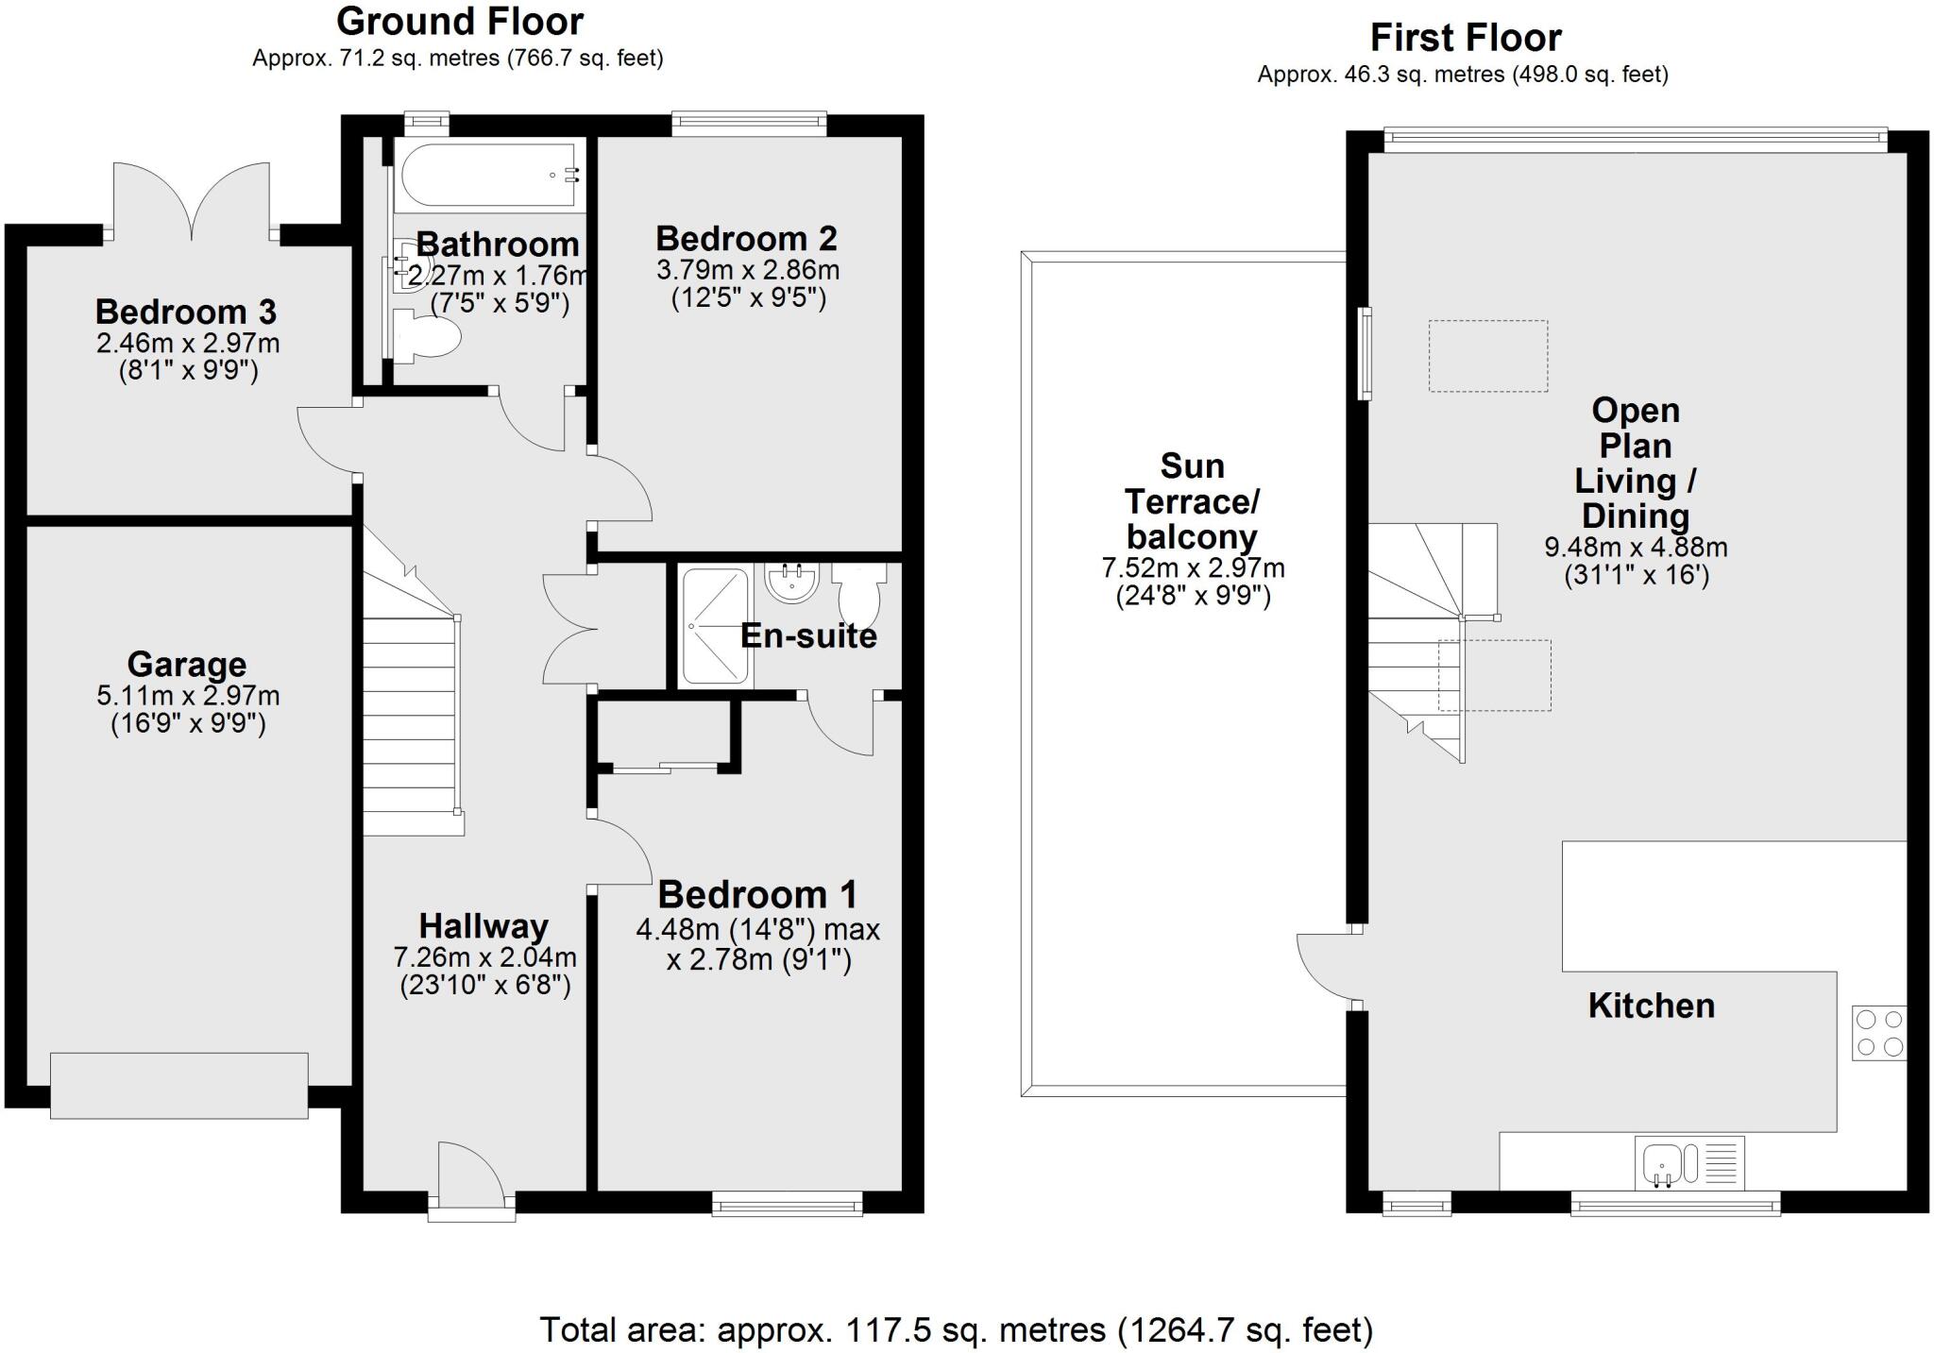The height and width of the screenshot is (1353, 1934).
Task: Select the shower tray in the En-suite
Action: click(x=715, y=625)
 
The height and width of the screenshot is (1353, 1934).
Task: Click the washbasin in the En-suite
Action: click(x=791, y=583)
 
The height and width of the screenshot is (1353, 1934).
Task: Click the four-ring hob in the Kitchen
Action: click(x=1878, y=1033)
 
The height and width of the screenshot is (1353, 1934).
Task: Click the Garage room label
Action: click(x=186, y=664)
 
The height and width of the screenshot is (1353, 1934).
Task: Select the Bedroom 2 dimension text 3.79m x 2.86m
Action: click(x=747, y=270)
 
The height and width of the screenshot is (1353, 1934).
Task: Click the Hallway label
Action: click(x=483, y=925)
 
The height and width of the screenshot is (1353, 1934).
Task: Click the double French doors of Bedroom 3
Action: click(x=192, y=202)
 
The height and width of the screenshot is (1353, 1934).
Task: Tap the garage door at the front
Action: click(x=178, y=1086)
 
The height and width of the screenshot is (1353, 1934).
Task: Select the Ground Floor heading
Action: click(x=460, y=21)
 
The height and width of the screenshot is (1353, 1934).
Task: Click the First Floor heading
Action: click(x=1465, y=38)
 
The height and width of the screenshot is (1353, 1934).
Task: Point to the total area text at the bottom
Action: click(x=956, y=1329)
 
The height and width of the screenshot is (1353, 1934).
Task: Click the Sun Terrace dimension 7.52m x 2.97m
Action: click(x=1193, y=568)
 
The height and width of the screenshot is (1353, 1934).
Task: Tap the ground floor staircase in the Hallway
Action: click(x=410, y=718)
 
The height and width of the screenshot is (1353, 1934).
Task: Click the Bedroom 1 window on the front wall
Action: click(x=787, y=1203)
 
